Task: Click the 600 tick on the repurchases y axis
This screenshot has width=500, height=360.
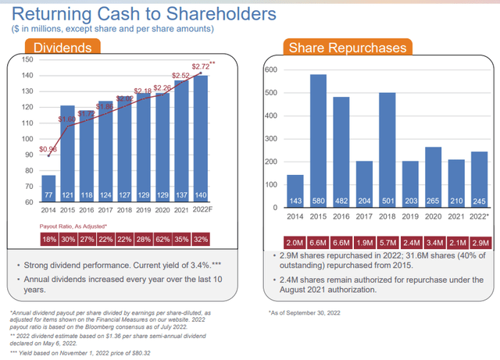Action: point(271,70)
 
